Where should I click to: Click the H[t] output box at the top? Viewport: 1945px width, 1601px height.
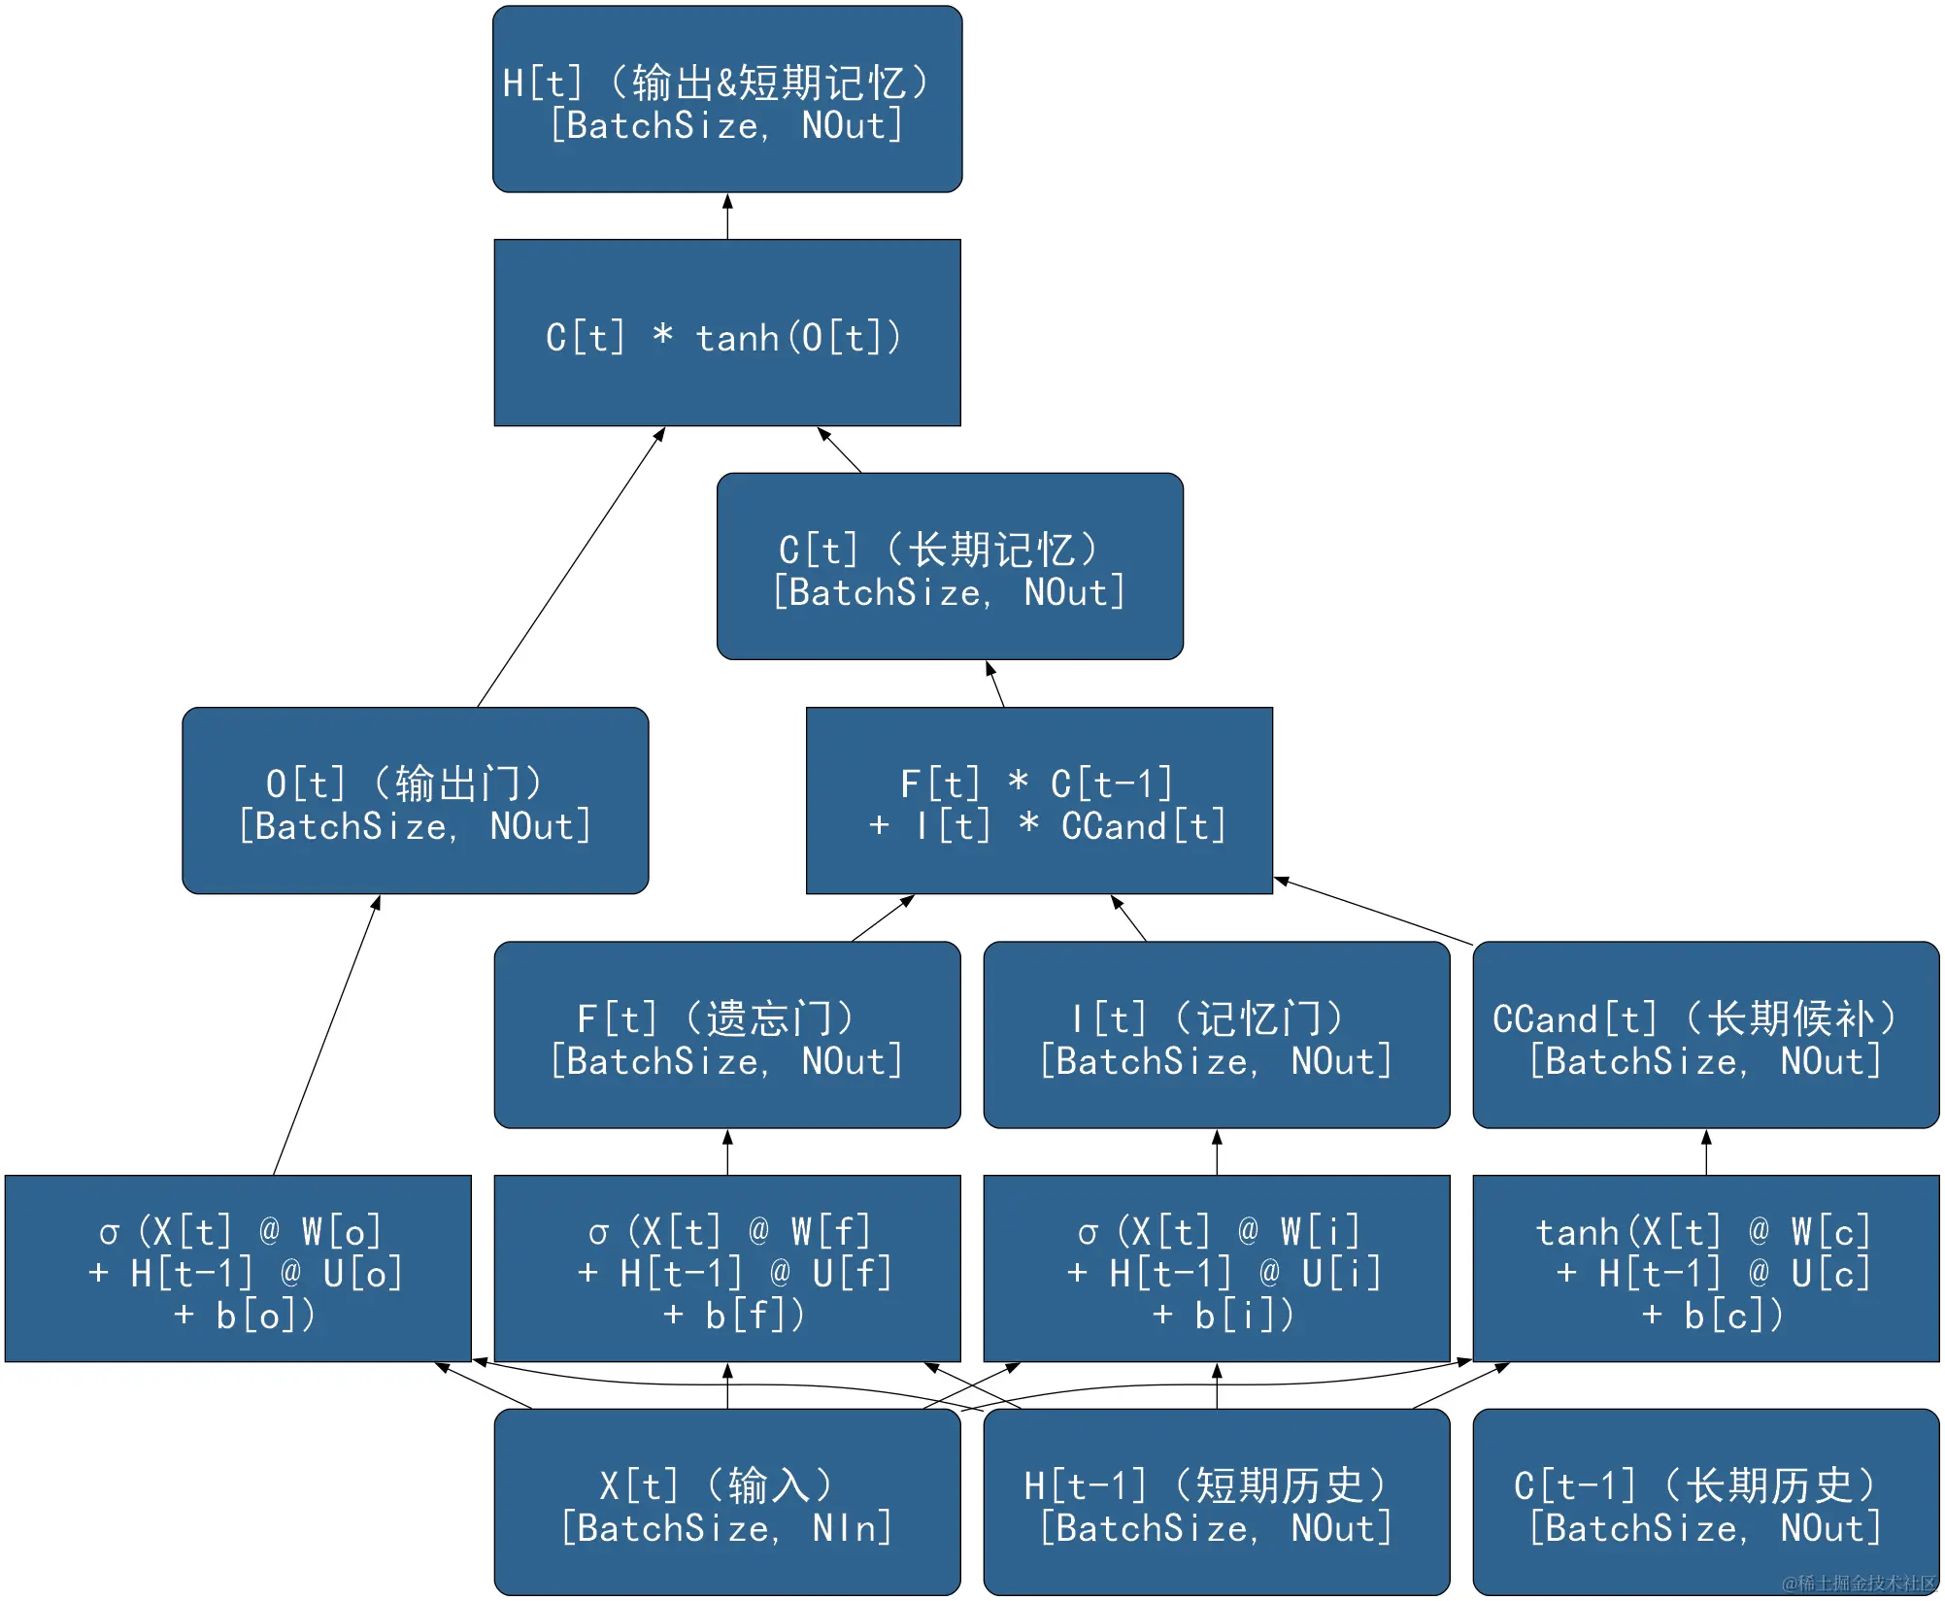[x=727, y=99]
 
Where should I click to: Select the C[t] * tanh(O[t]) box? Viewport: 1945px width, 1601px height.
[x=727, y=333]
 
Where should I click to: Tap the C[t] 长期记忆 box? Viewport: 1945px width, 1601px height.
[x=950, y=567]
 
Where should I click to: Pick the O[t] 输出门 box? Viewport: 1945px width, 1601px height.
[x=416, y=801]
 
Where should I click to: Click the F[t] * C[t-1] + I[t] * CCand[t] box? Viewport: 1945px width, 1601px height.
[x=1039, y=801]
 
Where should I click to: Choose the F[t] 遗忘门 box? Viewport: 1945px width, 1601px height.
[x=727, y=1035]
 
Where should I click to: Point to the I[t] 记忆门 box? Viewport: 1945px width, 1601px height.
[x=1217, y=1035]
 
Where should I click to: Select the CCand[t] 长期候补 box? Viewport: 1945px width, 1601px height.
[x=1706, y=1035]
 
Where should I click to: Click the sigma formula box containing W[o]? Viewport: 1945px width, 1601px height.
[x=238, y=1269]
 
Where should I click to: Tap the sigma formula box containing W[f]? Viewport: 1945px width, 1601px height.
[x=727, y=1269]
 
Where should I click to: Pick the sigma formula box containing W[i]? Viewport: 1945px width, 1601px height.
[x=1217, y=1269]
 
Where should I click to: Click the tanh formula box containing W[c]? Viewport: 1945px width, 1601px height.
[x=1706, y=1269]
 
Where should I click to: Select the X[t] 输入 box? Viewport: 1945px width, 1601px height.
[x=727, y=1503]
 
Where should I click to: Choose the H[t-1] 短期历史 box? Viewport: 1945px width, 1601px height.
[x=1217, y=1503]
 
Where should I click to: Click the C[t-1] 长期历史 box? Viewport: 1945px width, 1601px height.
[x=1706, y=1503]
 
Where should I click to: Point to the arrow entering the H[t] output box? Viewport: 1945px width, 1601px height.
[x=727, y=217]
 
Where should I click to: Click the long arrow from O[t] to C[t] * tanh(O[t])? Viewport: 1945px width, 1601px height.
[x=571, y=568]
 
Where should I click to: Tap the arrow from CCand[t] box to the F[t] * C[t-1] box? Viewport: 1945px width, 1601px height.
[x=1374, y=912]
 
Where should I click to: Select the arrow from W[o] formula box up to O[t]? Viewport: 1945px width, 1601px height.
[x=326, y=1035]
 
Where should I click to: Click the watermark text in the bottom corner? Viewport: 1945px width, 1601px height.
[x=1859, y=1584]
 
